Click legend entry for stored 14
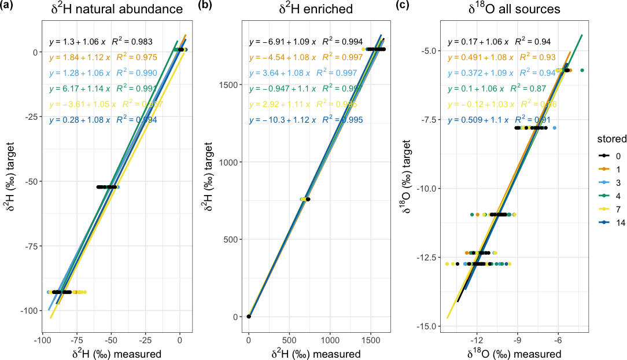click(x=607, y=222)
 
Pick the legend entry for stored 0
click(x=607, y=156)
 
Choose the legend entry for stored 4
click(x=607, y=196)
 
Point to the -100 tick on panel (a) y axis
click(x=30, y=311)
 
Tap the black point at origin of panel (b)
click(x=249, y=317)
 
